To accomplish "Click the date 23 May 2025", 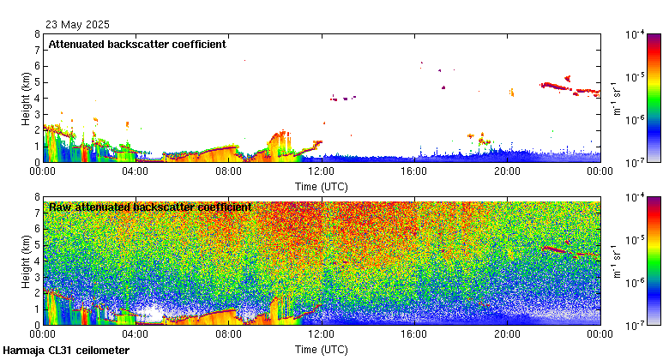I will click(x=77, y=25).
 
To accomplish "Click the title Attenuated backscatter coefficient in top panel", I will click(x=137, y=44).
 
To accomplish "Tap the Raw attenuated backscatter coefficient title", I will click(x=150, y=207).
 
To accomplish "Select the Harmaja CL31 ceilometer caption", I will click(x=66, y=351).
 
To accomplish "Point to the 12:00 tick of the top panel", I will click(x=321, y=171).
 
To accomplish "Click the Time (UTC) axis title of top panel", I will click(x=321, y=185).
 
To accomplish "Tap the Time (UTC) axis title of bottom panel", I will click(x=321, y=349).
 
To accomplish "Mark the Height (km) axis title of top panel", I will click(x=26, y=99).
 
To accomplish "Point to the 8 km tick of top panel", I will click(x=36, y=35).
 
